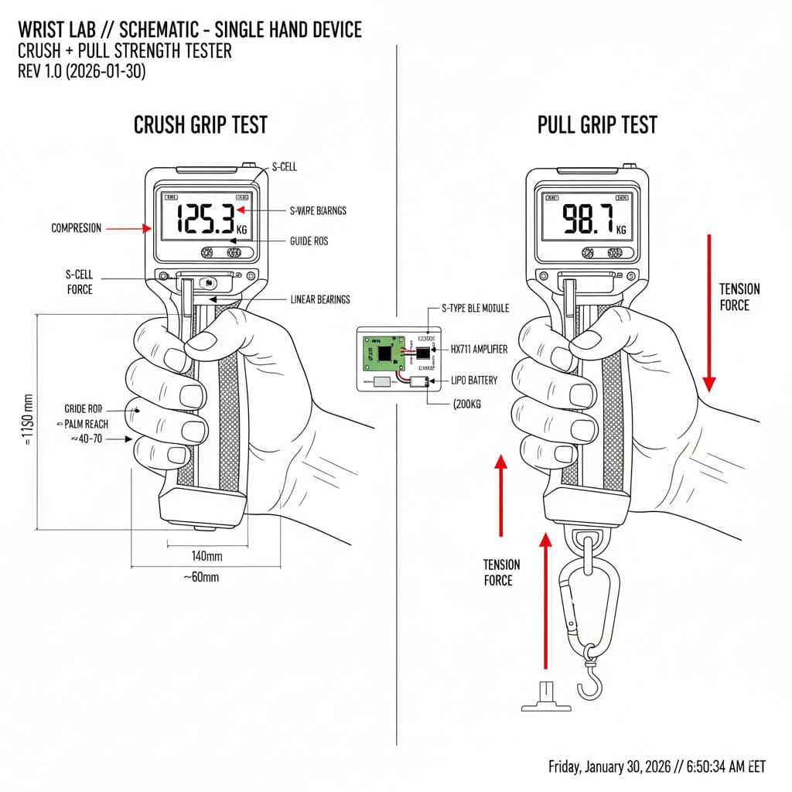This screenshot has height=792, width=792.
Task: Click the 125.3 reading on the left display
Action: [205, 220]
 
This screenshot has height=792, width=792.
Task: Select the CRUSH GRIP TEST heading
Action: [200, 125]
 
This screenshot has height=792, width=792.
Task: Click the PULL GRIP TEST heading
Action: [597, 125]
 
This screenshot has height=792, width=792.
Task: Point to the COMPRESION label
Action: [76, 228]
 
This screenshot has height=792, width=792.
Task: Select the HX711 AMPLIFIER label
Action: [479, 350]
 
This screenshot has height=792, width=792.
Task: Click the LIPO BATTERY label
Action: [474, 381]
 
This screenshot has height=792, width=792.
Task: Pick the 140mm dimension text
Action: [207, 555]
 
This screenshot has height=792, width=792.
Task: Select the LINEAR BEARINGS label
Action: [320, 299]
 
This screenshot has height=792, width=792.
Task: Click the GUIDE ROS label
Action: [309, 241]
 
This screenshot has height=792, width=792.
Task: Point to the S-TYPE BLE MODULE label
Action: [475, 308]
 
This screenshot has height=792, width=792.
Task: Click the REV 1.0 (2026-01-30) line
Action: [81, 71]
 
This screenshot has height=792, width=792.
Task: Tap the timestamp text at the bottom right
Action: [657, 766]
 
